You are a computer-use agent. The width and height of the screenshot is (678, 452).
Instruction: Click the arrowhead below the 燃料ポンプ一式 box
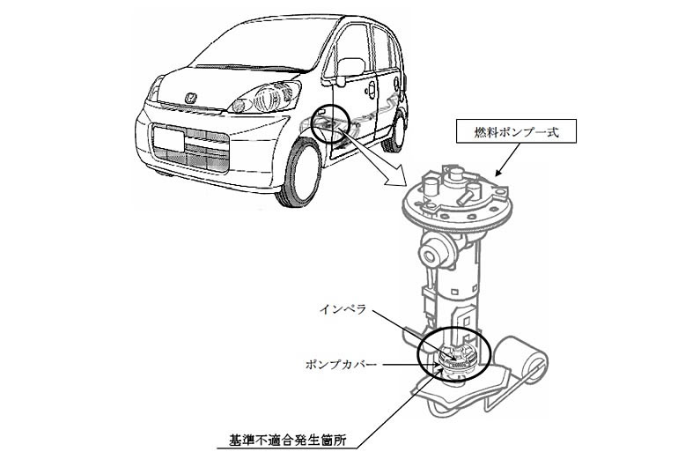pyautogui.click(x=498, y=174)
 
